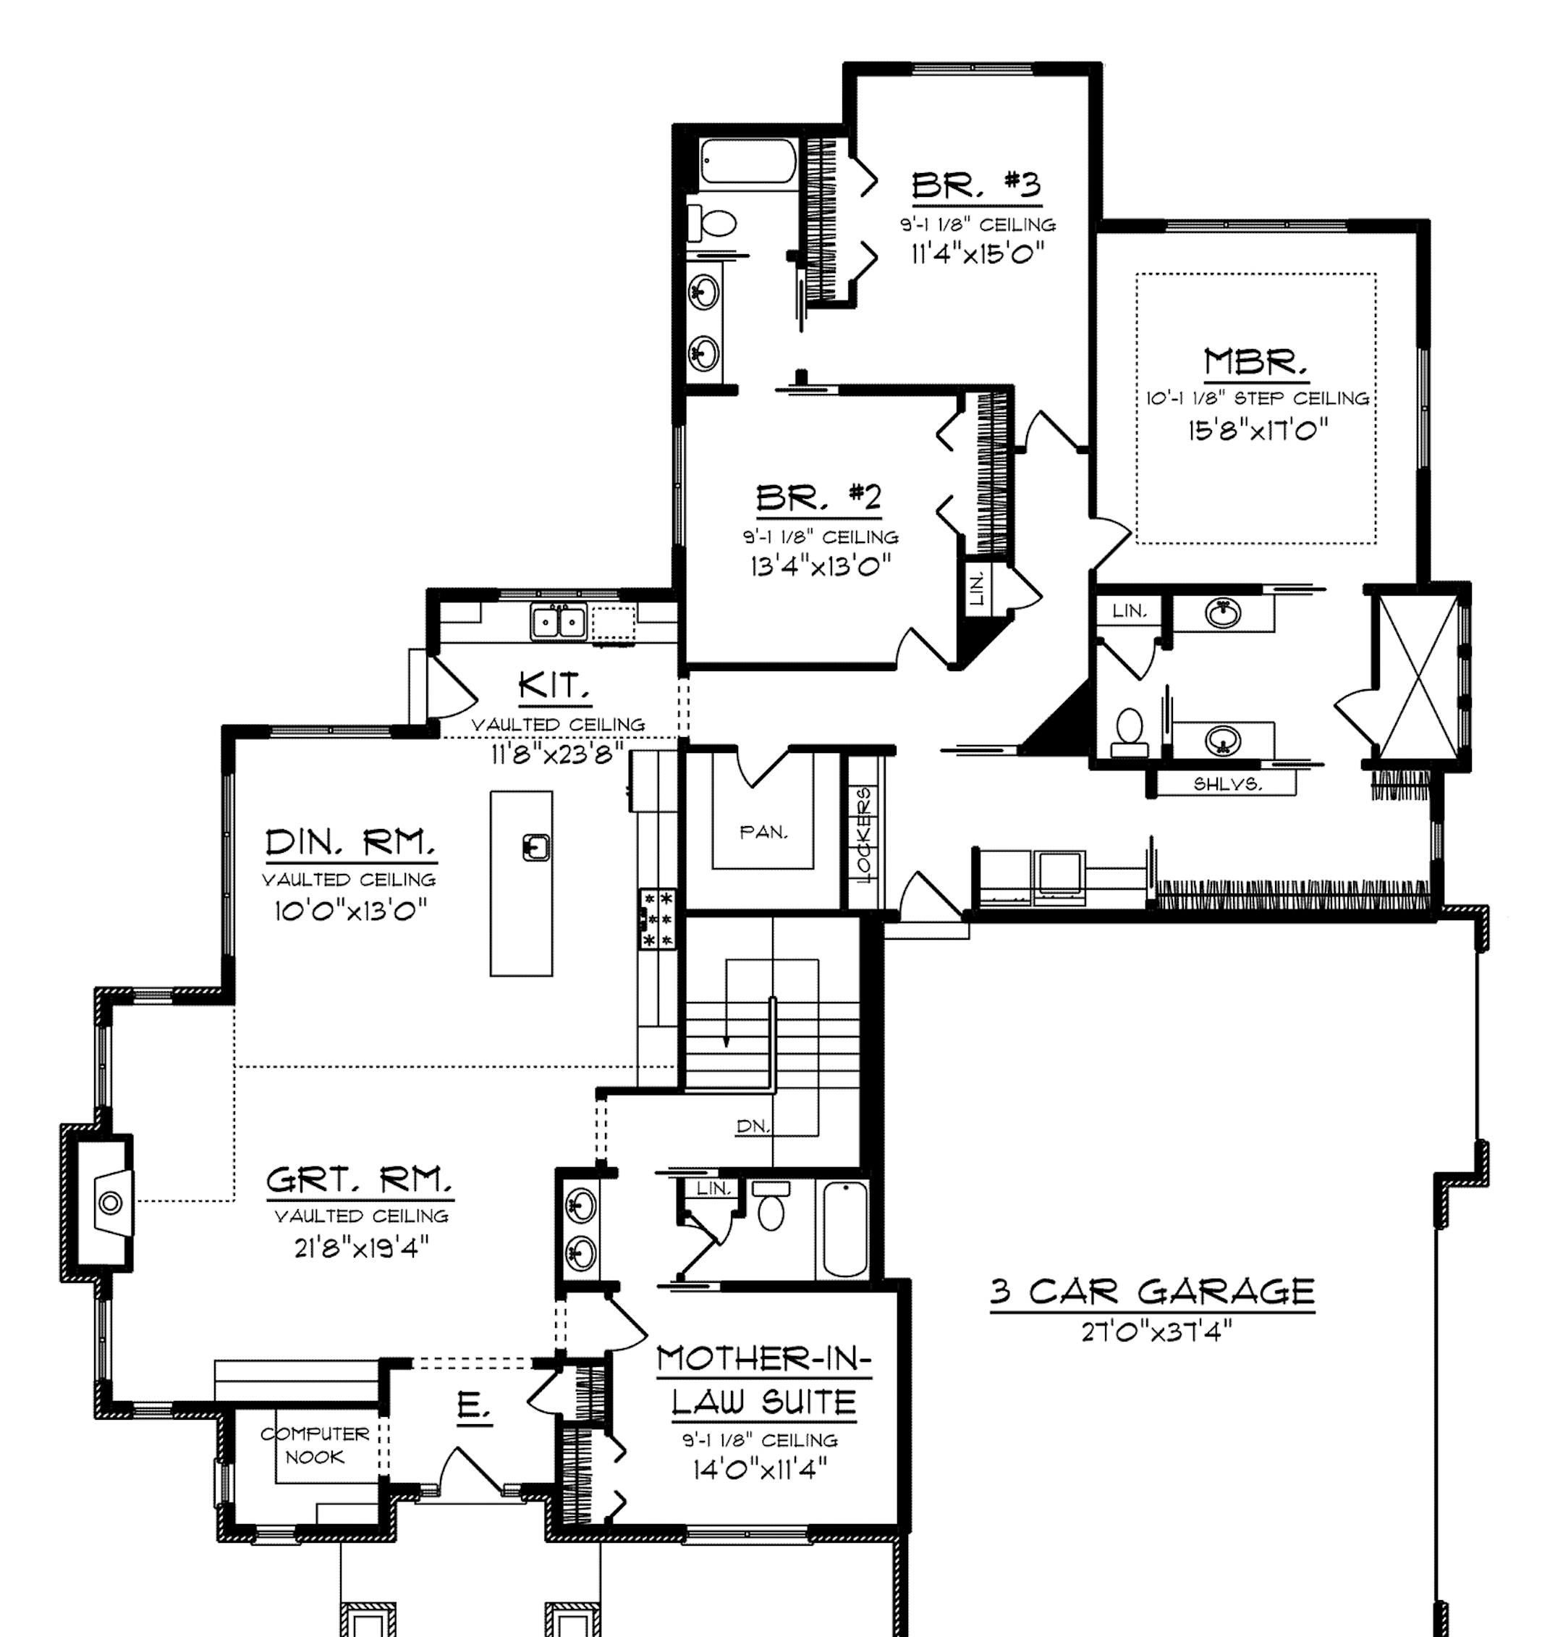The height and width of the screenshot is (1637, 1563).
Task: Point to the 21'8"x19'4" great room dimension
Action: [x=362, y=1247]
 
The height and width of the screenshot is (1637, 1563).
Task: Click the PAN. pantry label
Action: [x=763, y=832]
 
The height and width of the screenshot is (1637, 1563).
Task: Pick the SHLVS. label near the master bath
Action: [x=1228, y=783]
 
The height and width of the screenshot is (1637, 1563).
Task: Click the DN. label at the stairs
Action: [x=753, y=1126]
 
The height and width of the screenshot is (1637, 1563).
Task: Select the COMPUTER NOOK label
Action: [x=315, y=1445]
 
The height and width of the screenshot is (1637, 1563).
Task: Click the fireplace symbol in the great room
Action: [x=111, y=1203]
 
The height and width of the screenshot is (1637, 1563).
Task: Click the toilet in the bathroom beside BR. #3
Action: [x=713, y=222]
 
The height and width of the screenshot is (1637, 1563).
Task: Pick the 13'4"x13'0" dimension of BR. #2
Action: [x=821, y=566]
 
